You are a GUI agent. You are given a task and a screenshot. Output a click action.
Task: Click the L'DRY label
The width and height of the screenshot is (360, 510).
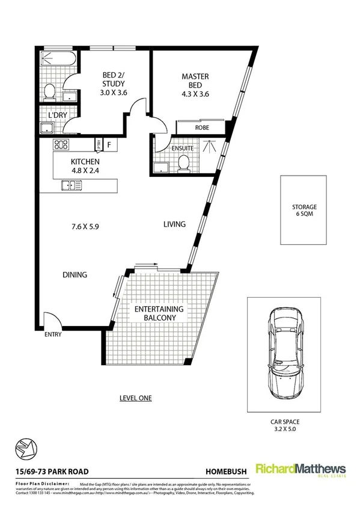click(x=49, y=114)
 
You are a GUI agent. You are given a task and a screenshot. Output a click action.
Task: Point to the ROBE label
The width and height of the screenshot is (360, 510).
click(x=201, y=128)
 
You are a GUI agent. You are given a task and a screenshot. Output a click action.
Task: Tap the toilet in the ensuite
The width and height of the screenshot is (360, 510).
click(x=184, y=162)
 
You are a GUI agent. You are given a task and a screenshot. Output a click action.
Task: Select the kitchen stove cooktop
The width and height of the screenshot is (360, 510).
click(x=61, y=144)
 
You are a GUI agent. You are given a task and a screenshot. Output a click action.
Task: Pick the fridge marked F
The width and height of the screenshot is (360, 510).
click(x=109, y=144)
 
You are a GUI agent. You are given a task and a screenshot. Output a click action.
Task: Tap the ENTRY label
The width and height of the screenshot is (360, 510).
click(x=52, y=336)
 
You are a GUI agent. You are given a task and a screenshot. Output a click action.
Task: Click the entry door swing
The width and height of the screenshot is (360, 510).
click(x=52, y=319)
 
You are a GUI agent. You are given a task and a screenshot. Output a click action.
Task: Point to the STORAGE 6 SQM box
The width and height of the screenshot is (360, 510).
click(x=301, y=210)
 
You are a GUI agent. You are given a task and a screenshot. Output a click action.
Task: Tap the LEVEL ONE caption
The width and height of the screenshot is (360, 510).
click(x=135, y=398)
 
